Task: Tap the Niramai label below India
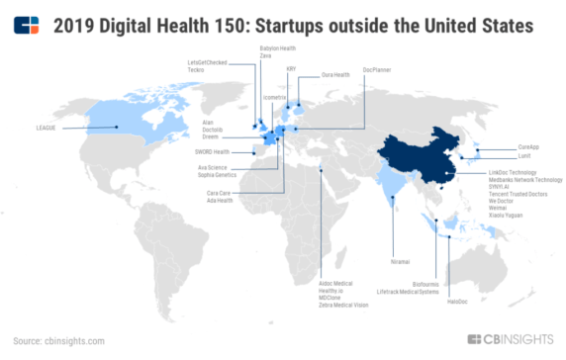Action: pos(400,262)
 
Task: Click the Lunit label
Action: pos(523,155)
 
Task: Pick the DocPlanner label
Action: pos(377,69)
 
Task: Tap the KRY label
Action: pos(292,69)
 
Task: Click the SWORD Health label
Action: pos(211,151)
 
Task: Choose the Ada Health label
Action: pos(218,201)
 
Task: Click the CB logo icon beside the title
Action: pos(27,23)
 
